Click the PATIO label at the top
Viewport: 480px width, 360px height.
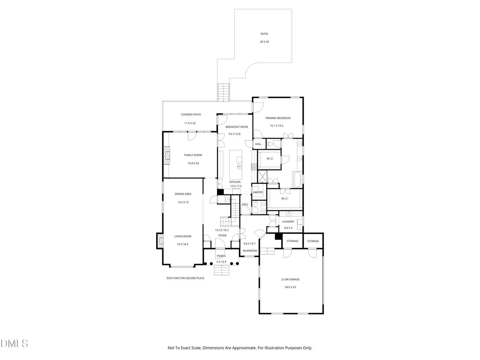(264, 34)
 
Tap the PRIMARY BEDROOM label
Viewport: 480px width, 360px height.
(278, 118)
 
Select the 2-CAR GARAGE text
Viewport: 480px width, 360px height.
(290, 279)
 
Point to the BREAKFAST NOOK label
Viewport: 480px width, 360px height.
(237, 127)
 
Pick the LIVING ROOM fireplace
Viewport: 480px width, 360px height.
(160, 241)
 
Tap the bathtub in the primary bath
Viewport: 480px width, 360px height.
(297, 179)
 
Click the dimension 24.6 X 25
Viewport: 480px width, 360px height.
(290, 287)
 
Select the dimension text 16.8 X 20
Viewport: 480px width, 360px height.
(193, 163)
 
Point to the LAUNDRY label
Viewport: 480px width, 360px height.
(288, 221)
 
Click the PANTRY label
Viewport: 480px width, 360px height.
(258, 192)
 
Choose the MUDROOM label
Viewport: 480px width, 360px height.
(250, 251)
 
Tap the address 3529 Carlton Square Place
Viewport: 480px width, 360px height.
(185, 278)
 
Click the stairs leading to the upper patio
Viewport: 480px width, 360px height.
(223, 92)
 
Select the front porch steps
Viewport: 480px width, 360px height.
(221, 270)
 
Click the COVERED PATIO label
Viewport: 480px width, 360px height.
(191, 114)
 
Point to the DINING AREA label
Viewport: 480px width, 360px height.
(183, 194)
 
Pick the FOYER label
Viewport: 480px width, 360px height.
(222, 235)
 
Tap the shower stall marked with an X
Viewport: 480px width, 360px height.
(262, 177)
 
